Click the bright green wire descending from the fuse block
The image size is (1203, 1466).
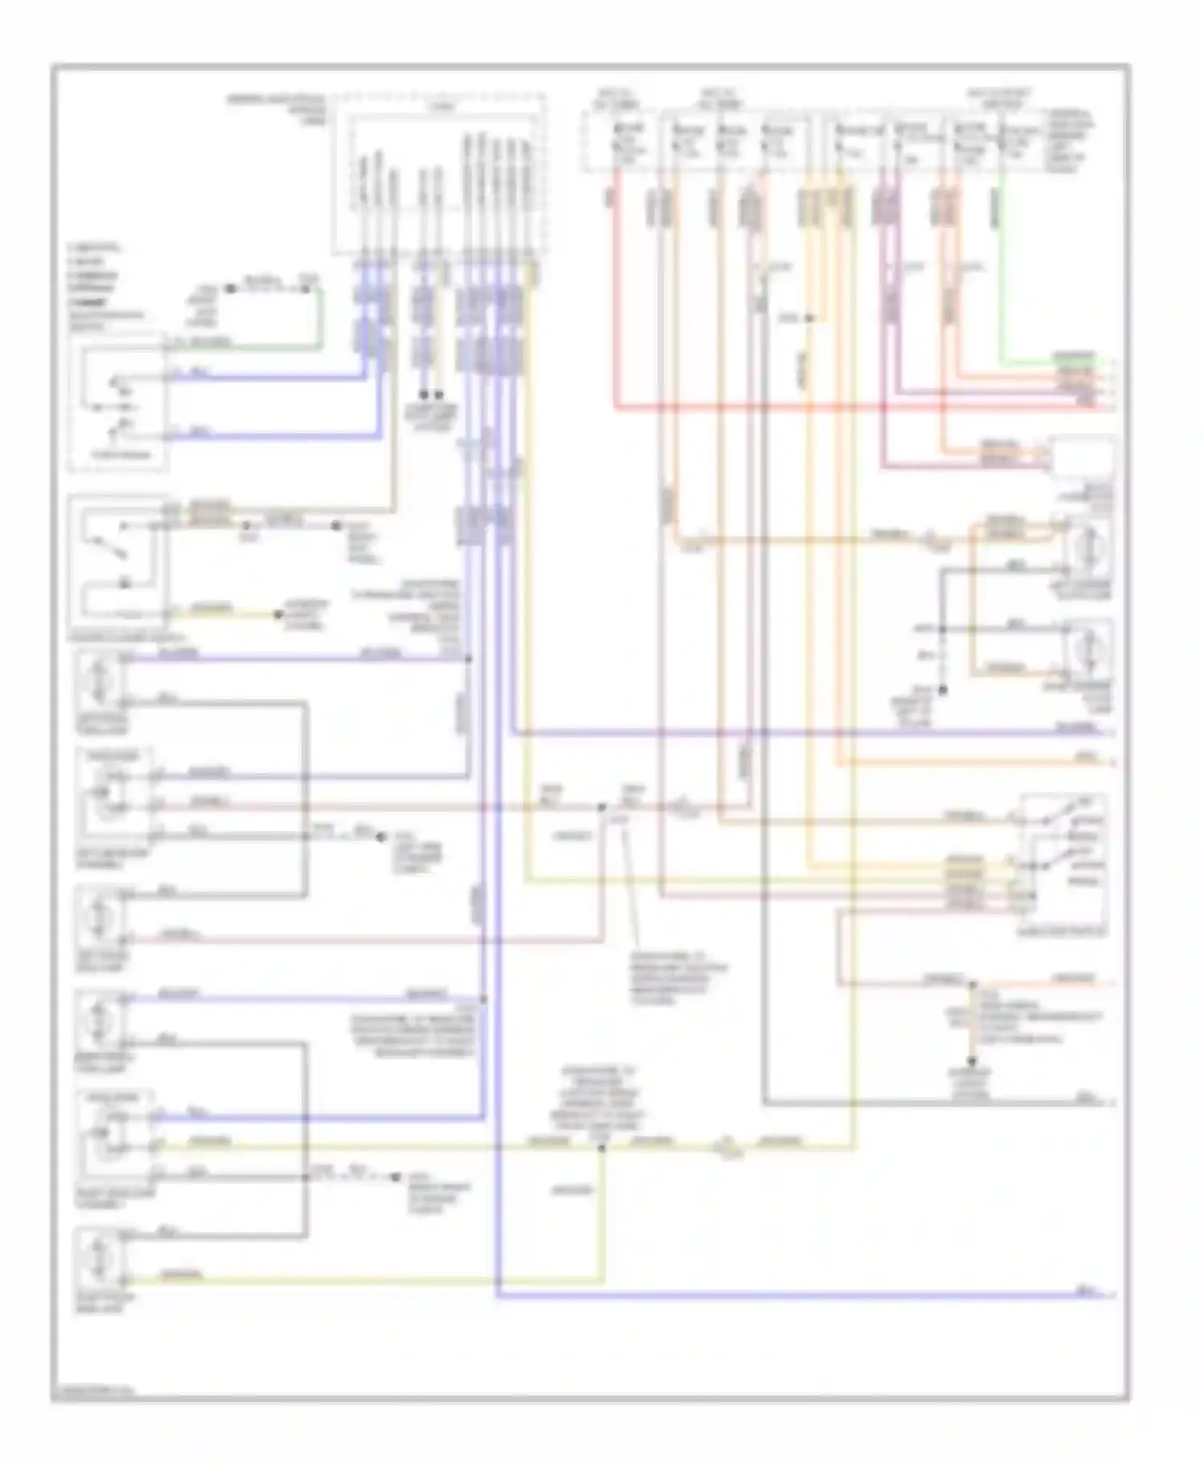tap(1000, 281)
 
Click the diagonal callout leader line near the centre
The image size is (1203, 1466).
tap(630, 890)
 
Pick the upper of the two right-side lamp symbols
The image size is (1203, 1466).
tap(1089, 550)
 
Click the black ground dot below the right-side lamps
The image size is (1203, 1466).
tap(943, 690)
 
